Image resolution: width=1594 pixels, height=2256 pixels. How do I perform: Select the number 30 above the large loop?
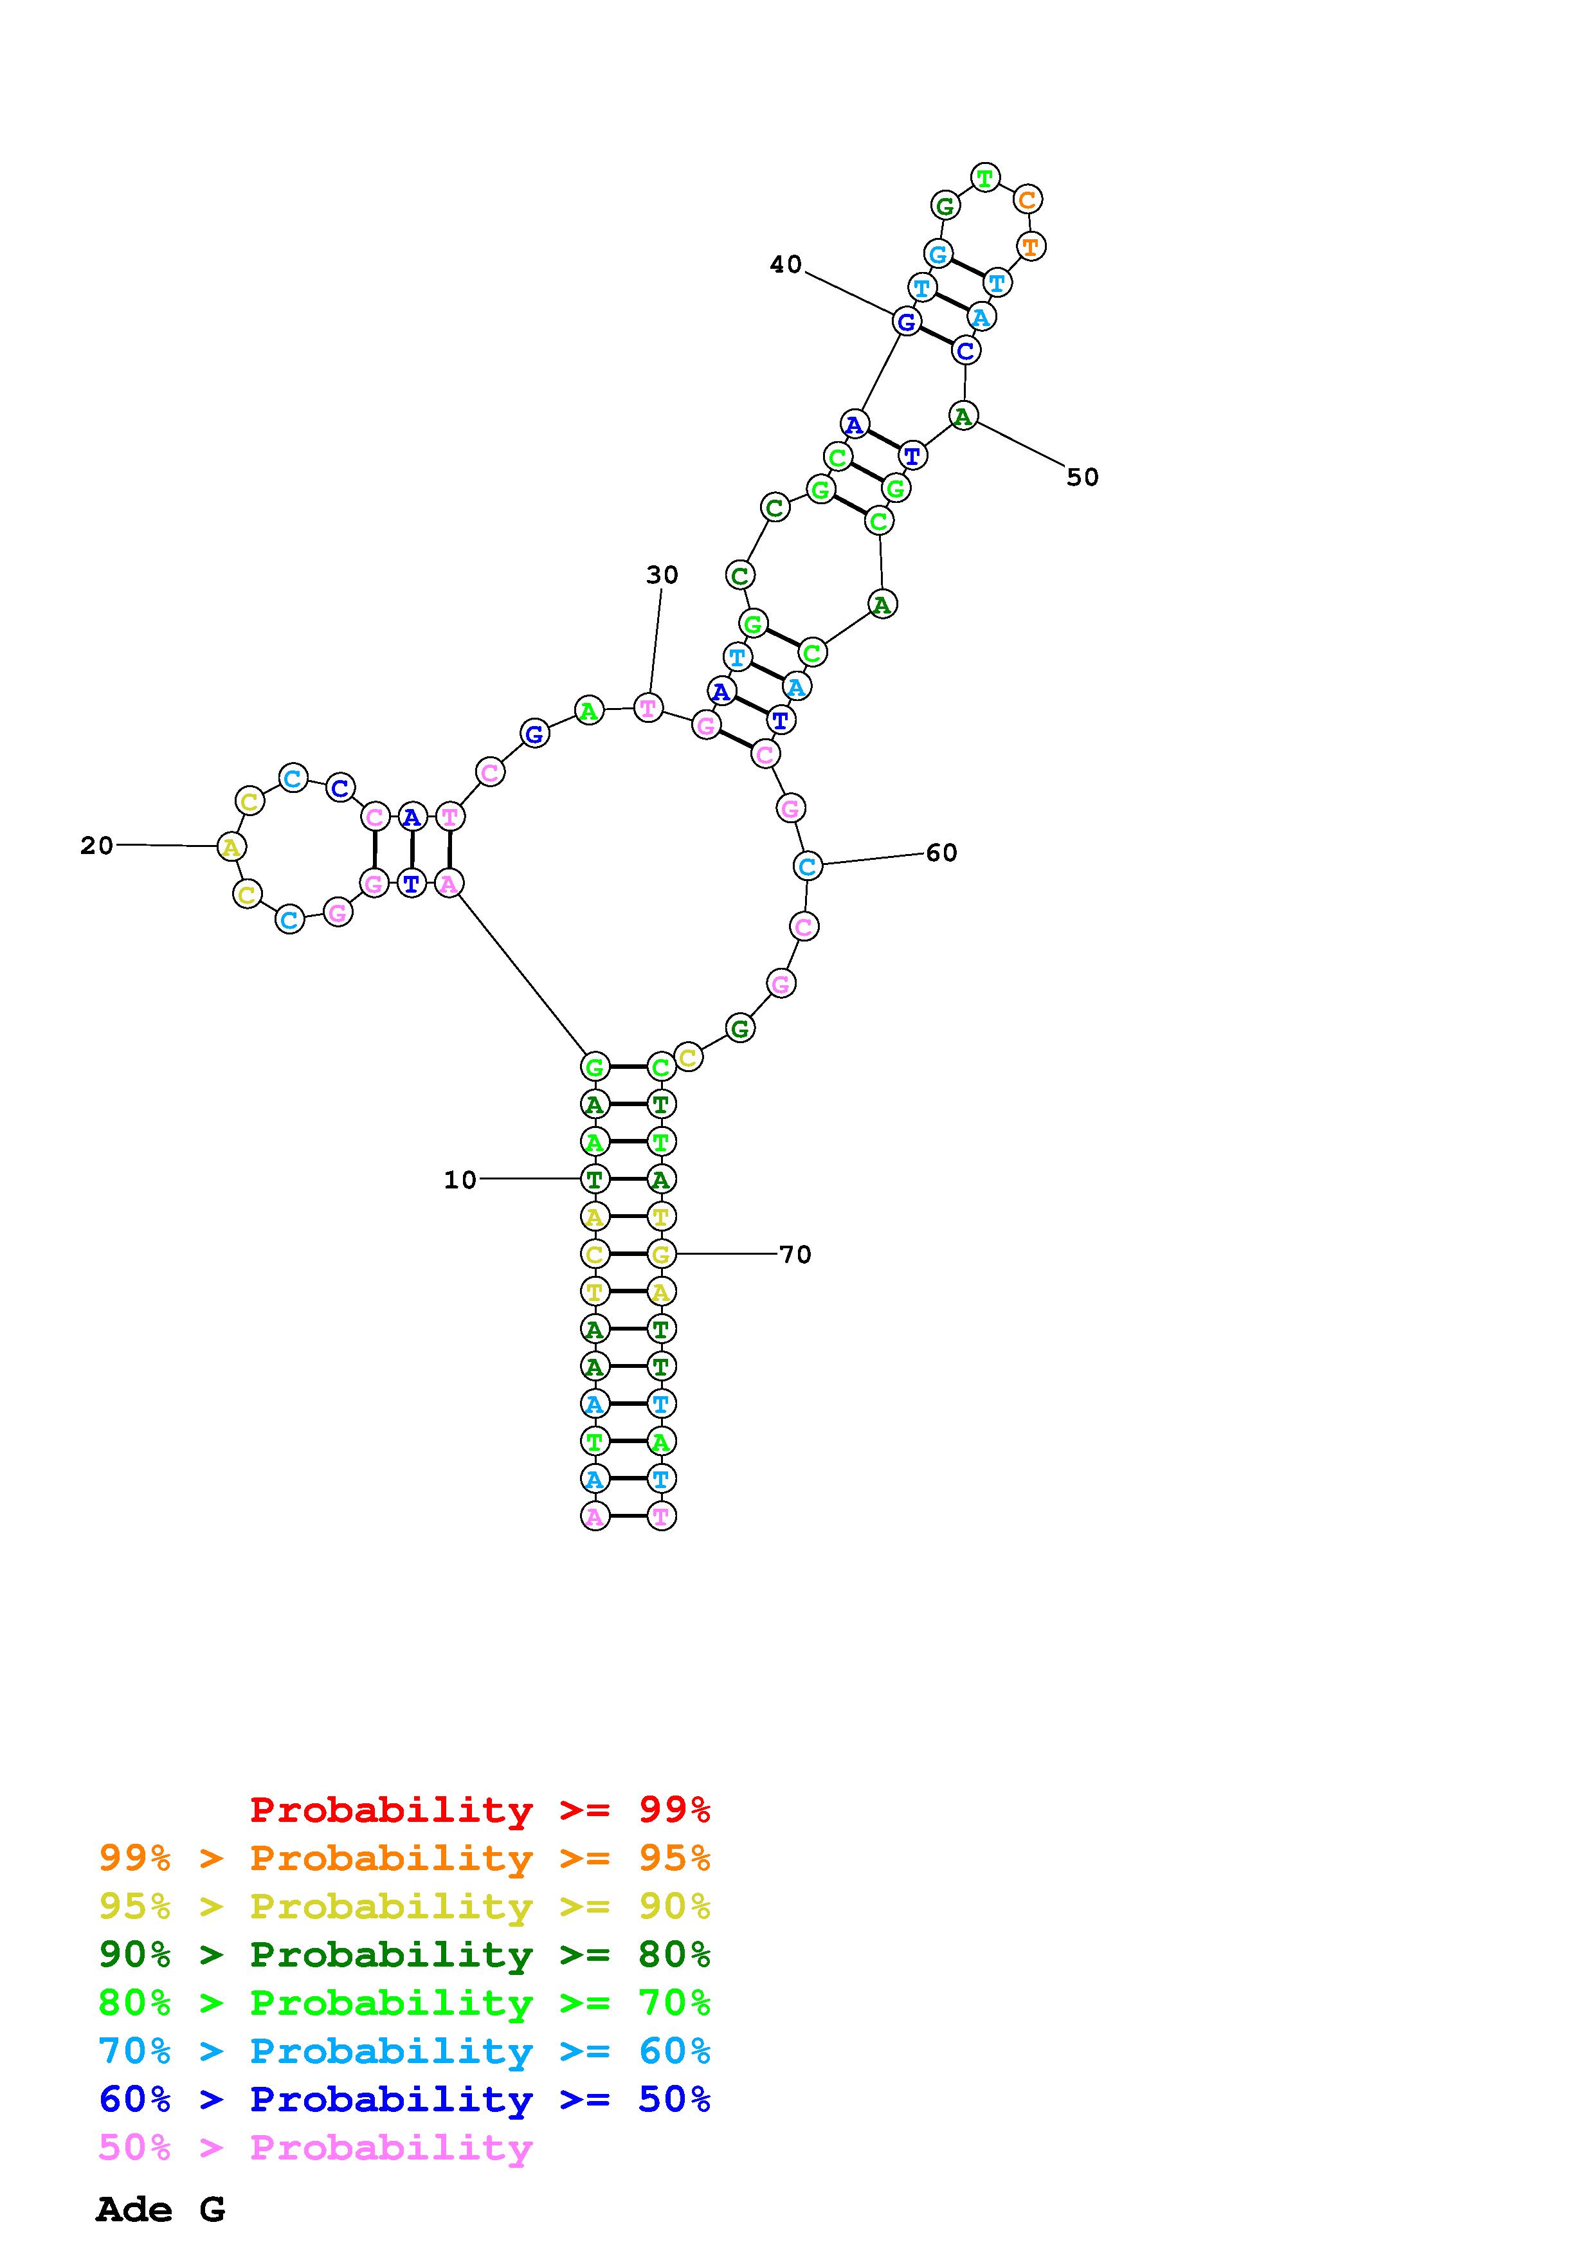tap(662, 575)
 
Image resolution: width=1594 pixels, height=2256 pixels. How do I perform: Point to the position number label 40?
tap(786, 264)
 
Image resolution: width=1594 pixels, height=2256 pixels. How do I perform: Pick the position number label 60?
tap(941, 853)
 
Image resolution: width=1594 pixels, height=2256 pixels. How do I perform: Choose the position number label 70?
tap(795, 1255)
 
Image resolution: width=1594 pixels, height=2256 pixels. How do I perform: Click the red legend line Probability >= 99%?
tap(480, 1810)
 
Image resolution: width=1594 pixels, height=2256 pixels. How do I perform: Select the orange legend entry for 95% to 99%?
tap(404, 1858)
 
